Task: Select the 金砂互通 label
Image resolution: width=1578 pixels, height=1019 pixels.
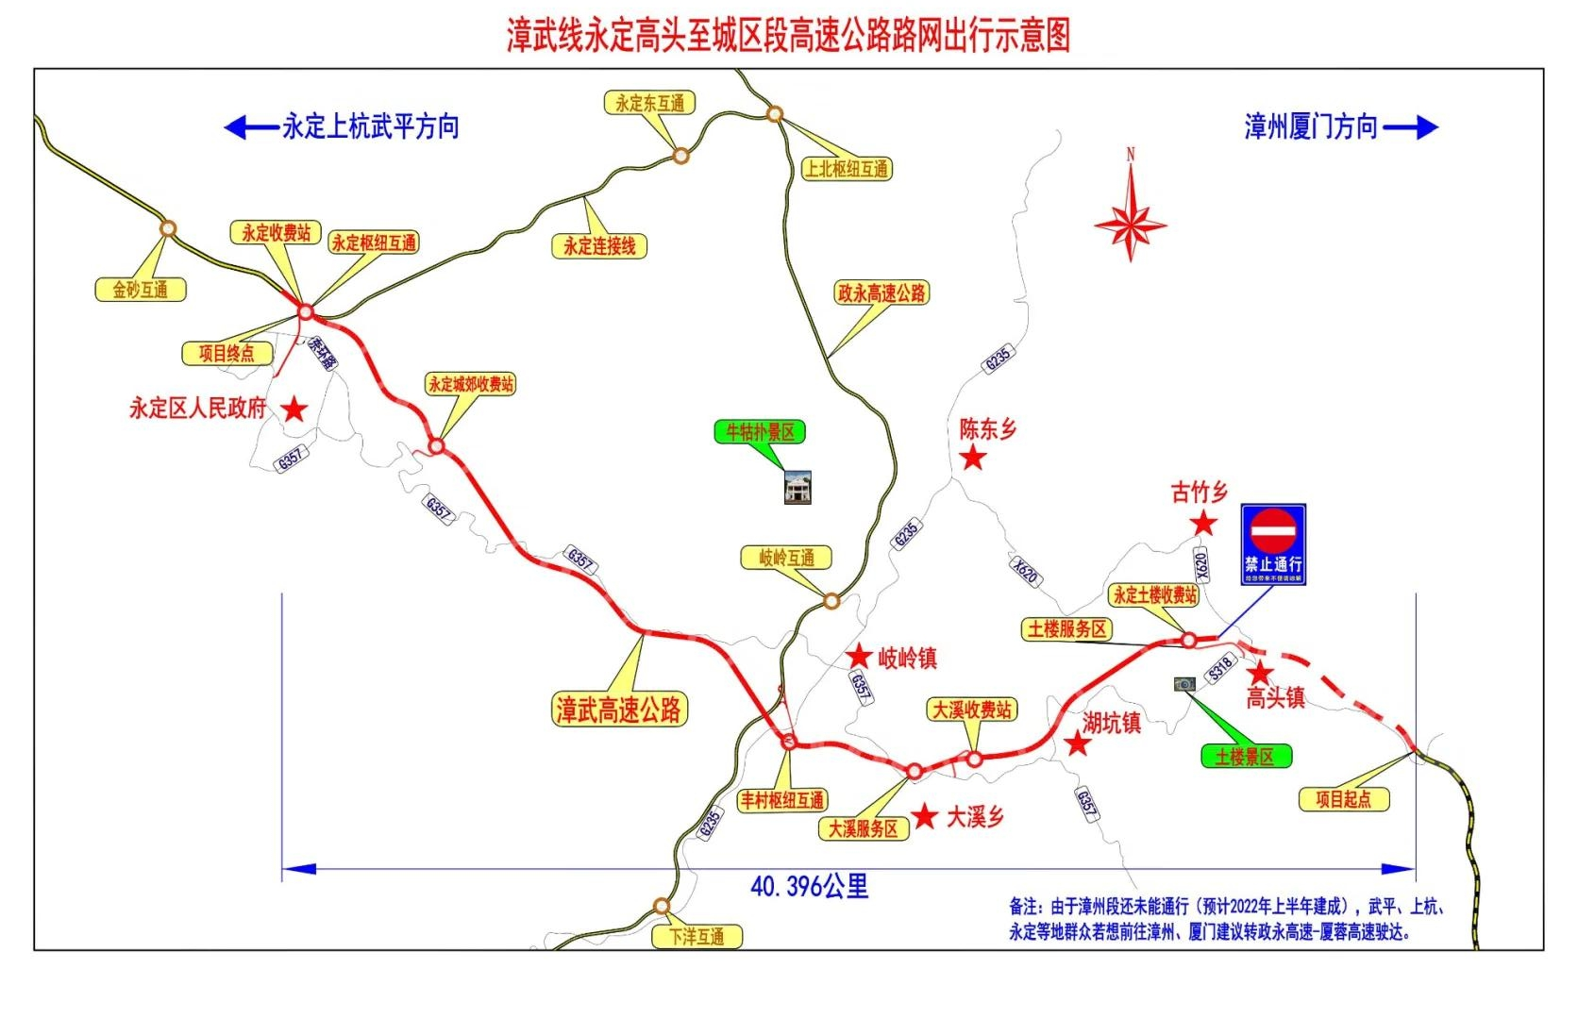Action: (141, 290)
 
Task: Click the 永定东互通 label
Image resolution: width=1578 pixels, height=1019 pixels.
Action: (649, 103)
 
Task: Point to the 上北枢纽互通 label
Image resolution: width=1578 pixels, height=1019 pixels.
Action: (846, 169)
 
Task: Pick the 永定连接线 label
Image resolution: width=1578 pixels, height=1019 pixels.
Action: (599, 246)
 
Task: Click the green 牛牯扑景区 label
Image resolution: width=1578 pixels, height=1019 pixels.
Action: (760, 432)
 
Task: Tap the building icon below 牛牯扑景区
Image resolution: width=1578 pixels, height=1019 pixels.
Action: (797, 487)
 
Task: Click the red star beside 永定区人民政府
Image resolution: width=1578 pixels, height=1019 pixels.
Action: (295, 409)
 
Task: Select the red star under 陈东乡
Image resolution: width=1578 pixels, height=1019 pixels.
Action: (973, 459)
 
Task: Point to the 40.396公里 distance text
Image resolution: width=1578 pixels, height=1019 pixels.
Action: (809, 886)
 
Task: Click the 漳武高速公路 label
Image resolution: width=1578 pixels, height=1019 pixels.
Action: (619, 710)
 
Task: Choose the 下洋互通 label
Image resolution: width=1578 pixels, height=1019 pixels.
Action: (697, 937)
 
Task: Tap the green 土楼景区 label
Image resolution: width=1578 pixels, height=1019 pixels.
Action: (1245, 756)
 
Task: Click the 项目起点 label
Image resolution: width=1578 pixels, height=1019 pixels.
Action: (1343, 799)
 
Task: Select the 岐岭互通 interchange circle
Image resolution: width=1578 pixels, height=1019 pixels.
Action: (831, 601)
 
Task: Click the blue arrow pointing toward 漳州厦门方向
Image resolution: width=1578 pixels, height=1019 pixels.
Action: (1411, 127)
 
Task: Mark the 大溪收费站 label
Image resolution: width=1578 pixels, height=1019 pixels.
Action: (972, 710)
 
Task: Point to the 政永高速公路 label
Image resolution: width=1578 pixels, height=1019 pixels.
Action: (881, 293)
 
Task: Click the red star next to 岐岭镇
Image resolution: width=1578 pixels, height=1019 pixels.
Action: (859, 657)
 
